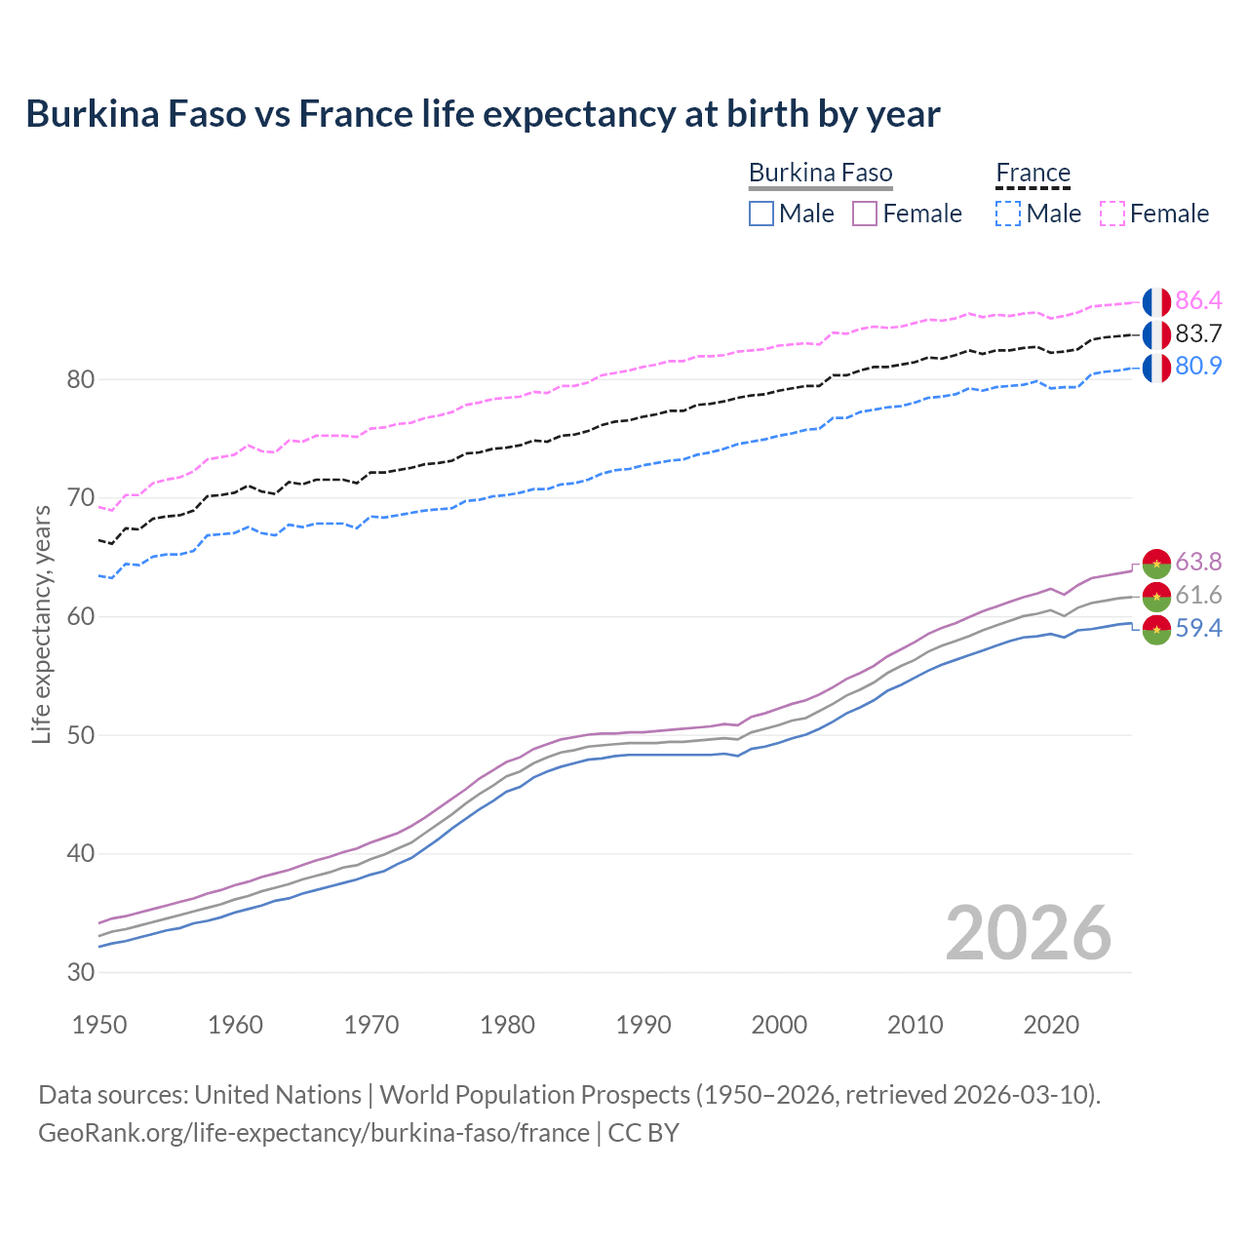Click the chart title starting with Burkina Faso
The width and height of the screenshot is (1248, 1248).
(x=483, y=114)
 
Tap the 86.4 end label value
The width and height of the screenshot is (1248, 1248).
(x=1198, y=300)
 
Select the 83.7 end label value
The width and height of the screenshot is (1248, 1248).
(x=1198, y=333)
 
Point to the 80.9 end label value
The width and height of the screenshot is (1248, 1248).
(x=1198, y=367)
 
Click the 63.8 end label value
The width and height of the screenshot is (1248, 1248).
(x=1198, y=563)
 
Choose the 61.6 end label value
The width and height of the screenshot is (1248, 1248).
(x=1198, y=595)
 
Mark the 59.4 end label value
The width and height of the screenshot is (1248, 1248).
(x=1198, y=629)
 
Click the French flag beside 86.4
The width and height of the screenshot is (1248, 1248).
(x=1156, y=301)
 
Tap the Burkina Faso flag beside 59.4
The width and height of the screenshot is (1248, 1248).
(x=1156, y=630)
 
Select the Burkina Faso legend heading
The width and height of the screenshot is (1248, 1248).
(x=820, y=174)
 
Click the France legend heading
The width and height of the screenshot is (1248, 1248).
(x=1033, y=174)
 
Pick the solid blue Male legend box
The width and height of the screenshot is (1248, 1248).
(x=761, y=214)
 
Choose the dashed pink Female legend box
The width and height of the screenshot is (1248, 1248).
(x=1112, y=214)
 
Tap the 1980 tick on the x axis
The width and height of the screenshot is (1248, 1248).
(x=507, y=1025)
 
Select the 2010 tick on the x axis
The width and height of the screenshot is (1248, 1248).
(x=915, y=1025)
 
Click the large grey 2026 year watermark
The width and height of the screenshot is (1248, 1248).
(x=1029, y=933)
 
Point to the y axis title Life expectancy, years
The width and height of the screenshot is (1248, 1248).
(x=42, y=624)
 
